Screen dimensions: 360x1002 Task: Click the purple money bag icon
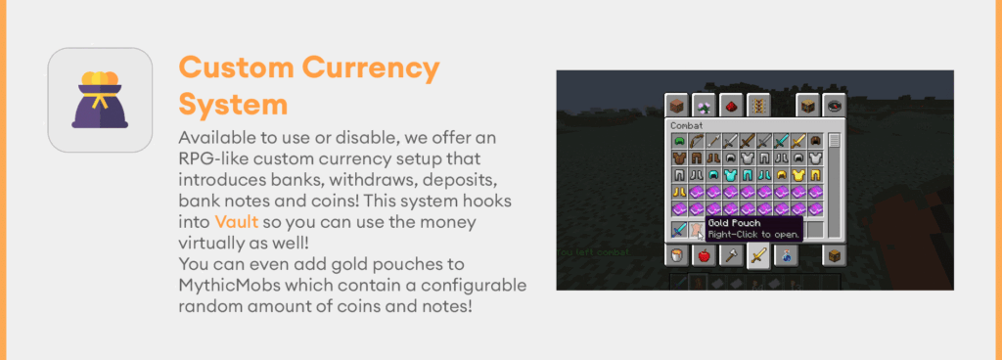99,100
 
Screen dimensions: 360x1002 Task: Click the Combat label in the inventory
687,125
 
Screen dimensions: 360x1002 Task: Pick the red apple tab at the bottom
703,256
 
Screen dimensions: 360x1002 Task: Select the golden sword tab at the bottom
757,256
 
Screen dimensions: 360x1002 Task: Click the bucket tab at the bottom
675,256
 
